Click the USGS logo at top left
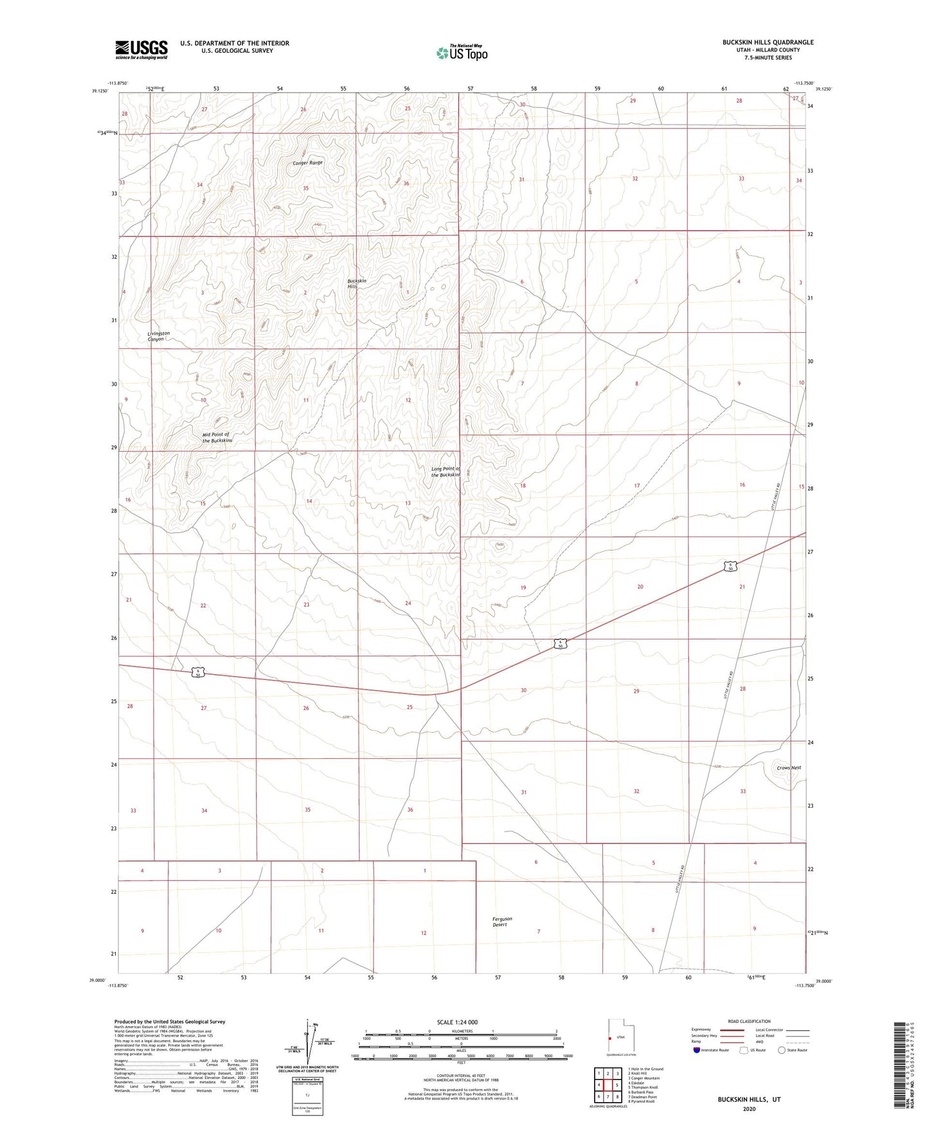click(141, 49)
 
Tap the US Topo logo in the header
click(462, 52)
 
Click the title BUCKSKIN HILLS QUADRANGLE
click(768, 42)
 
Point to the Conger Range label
click(307, 163)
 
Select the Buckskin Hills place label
click(357, 283)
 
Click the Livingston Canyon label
click(158, 336)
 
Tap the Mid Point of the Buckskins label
click(217, 438)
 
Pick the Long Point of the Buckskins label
click(446, 472)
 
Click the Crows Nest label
click(788, 768)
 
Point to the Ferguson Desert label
click(502, 922)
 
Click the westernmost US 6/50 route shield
click(199, 672)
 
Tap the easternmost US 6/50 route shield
click(730, 566)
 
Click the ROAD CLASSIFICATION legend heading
click(749, 1021)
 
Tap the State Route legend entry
click(791, 1050)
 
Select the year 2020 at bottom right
click(749, 1108)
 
